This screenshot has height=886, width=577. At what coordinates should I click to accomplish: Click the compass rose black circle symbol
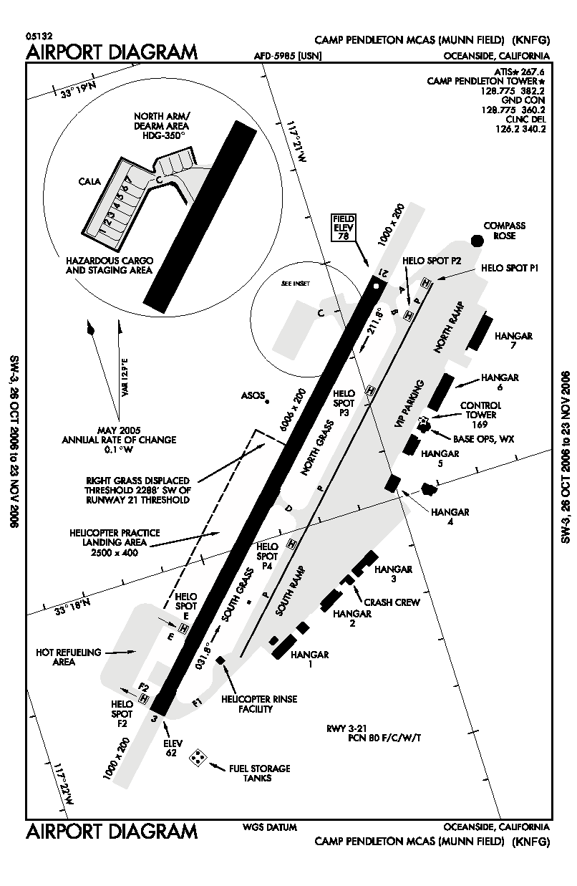(x=477, y=239)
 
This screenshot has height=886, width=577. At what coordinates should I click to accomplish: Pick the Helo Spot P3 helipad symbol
(x=370, y=390)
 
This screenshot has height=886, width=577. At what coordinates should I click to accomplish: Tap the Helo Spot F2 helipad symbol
(x=145, y=698)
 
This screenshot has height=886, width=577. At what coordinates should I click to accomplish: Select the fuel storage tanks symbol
(x=198, y=758)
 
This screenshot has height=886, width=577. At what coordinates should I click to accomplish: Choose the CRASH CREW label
(x=392, y=602)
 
